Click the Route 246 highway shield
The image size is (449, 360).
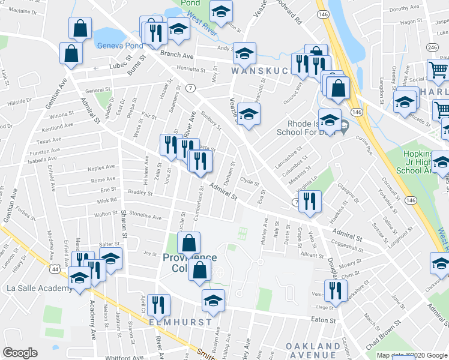pos(432,47)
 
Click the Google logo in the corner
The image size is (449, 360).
pos(20,353)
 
